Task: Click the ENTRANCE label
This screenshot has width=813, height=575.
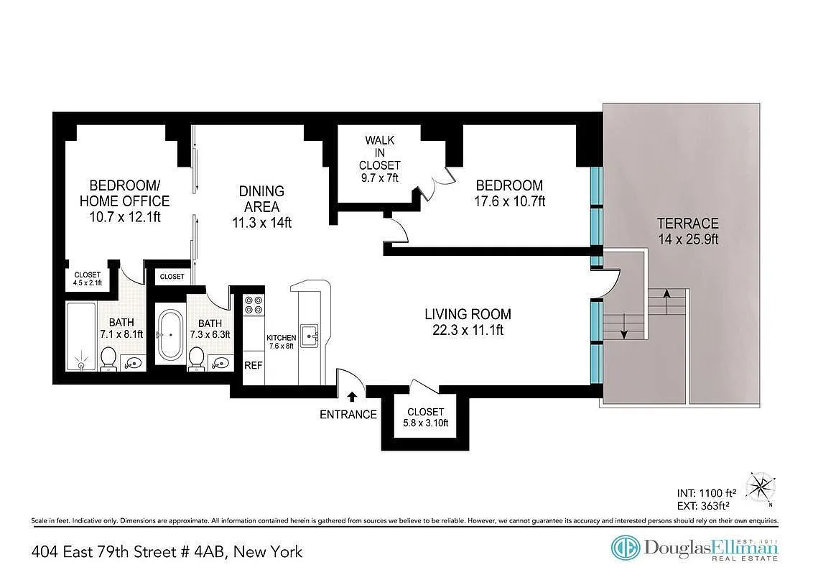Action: click(348, 414)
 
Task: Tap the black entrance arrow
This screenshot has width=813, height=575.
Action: click(352, 396)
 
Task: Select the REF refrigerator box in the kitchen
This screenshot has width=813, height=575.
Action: click(254, 365)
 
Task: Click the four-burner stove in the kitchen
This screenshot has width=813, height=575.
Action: click(254, 305)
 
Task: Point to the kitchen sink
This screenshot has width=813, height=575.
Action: click(310, 335)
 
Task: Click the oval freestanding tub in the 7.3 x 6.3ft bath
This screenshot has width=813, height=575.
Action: click(171, 335)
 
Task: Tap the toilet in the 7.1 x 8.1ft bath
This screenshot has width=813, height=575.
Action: click(108, 357)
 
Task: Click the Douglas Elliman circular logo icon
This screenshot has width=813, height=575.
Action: click(625, 548)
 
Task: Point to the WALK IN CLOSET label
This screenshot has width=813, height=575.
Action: click(379, 159)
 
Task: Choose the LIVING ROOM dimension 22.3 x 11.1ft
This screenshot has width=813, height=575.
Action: click(468, 331)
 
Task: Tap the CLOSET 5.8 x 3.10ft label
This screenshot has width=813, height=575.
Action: click(426, 418)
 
